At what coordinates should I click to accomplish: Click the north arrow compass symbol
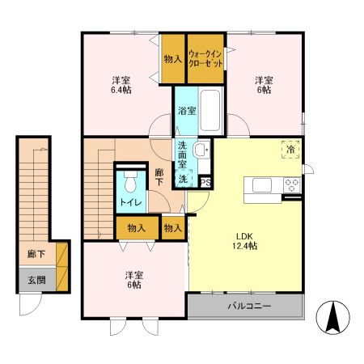(332, 317)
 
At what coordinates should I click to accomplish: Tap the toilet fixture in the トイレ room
(131, 181)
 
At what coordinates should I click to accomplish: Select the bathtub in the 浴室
(210, 111)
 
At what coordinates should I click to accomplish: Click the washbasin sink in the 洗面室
(201, 149)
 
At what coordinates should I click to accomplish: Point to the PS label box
(205, 183)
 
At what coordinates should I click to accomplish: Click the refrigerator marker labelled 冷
(290, 149)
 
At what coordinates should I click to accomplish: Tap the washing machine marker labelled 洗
(184, 178)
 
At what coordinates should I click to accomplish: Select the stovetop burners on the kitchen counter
(292, 185)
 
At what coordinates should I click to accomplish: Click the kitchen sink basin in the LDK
(262, 185)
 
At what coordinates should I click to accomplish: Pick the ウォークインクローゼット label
(205, 58)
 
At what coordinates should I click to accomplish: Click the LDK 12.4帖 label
(244, 241)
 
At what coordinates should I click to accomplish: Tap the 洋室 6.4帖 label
(121, 85)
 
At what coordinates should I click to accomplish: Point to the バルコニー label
(249, 307)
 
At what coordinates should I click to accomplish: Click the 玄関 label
(37, 281)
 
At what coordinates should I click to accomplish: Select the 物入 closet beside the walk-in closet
(173, 59)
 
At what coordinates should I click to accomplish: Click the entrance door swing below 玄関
(31, 304)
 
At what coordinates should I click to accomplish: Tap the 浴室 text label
(187, 111)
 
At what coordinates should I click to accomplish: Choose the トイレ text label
(131, 202)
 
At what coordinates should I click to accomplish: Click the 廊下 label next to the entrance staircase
(36, 254)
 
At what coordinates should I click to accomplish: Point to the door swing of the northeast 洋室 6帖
(239, 125)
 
